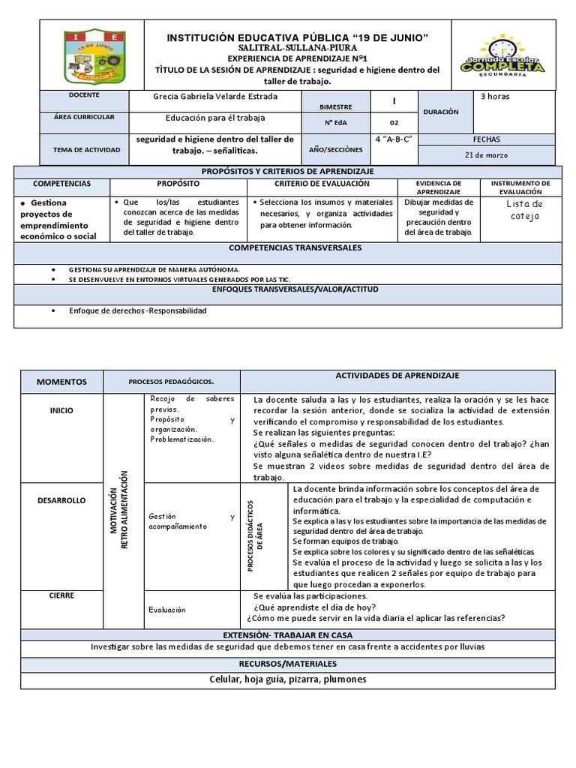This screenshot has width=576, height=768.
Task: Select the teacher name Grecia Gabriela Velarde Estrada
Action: click(x=214, y=97)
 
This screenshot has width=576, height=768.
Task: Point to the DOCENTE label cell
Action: click(x=82, y=96)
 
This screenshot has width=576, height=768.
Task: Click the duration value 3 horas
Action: click(x=495, y=96)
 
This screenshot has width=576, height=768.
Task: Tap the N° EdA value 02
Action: click(x=394, y=123)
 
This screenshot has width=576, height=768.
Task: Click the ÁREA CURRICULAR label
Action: click(x=84, y=118)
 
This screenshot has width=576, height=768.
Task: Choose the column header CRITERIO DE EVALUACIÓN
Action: click(x=322, y=184)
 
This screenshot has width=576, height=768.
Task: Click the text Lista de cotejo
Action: click(x=523, y=210)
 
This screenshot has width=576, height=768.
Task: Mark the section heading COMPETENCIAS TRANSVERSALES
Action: click(x=295, y=247)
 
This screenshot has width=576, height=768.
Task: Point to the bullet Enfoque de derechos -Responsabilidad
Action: click(x=137, y=310)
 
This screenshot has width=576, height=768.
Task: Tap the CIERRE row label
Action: click(x=61, y=595)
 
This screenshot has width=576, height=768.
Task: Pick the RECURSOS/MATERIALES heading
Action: click(x=288, y=664)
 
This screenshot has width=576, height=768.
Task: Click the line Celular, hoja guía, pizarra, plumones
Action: click(x=288, y=679)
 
